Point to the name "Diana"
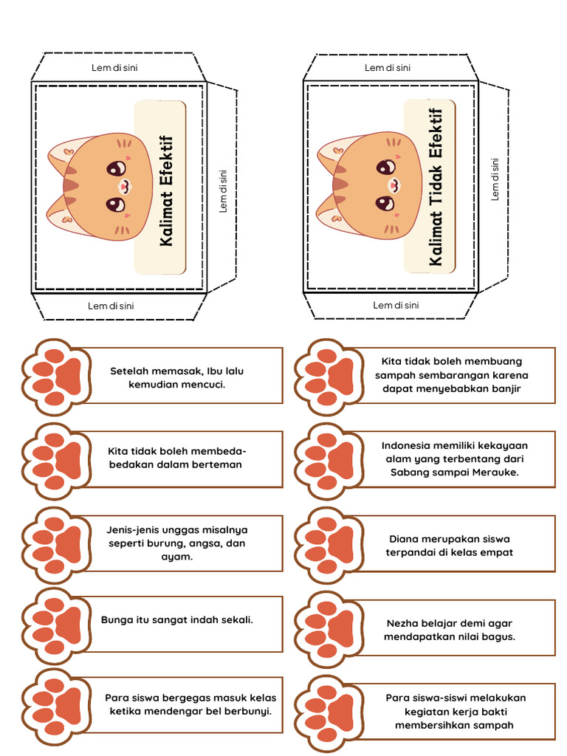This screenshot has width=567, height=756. click(x=404, y=538)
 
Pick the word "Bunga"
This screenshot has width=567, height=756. click(x=115, y=619)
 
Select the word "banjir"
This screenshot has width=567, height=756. click(x=505, y=388)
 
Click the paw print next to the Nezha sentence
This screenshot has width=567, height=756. click(x=329, y=629)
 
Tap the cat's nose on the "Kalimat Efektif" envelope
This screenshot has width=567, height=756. click(x=123, y=186)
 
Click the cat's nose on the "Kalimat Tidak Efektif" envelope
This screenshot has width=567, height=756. click(x=393, y=185)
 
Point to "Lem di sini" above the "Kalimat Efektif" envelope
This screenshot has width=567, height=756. click(x=114, y=68)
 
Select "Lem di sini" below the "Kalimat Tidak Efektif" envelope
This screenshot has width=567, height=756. click(x=396, y=305)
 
